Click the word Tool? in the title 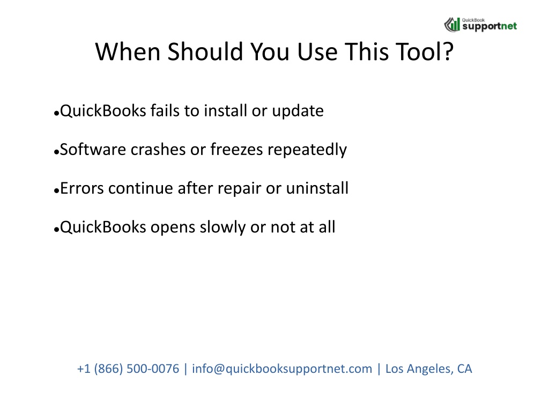click(425, 51)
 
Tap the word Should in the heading click(205, 51)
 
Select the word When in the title click(128, 51)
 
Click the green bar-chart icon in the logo click(452, 25)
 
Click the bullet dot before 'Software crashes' click(56, 152)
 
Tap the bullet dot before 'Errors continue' click(56, 190)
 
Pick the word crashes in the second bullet click(158, 150)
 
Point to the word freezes click(236, 150)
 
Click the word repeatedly click(307, 150)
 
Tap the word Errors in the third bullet click(82, 188)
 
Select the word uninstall click(317, 188)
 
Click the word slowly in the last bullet click(222, 227)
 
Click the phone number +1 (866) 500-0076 click(128, 369)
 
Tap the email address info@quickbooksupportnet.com click(282, 369)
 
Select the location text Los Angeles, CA click(428, 369)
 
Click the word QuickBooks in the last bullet click(103, 227)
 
